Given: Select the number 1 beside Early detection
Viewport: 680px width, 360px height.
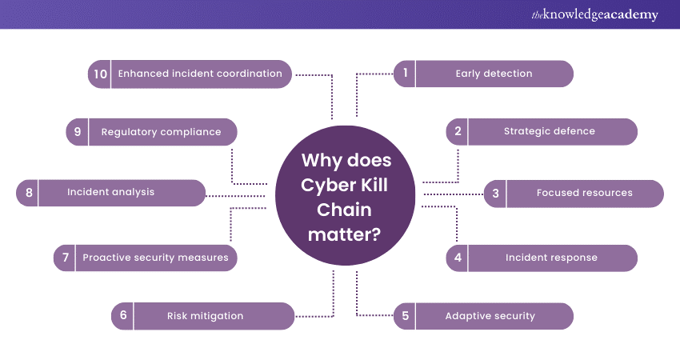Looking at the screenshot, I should point(406,74).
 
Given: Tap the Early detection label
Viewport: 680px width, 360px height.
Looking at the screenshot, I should point(494,74).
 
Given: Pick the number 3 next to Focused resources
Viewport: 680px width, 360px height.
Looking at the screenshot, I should point(496,193).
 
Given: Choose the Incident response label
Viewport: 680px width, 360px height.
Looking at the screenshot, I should point(551,258).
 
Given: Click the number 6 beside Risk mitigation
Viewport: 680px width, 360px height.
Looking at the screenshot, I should point(123,315).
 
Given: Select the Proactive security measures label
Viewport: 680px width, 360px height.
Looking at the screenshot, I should point(155,258).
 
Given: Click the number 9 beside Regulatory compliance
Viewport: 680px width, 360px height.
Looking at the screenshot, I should point(78,131).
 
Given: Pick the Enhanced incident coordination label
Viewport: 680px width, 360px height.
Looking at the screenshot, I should point(200,74).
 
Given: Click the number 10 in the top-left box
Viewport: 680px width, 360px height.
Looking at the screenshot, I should point(100,74).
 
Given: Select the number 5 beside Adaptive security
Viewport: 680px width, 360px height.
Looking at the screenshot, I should point(406,315).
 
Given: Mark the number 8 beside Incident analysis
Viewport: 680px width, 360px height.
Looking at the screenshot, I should point(29,193).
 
